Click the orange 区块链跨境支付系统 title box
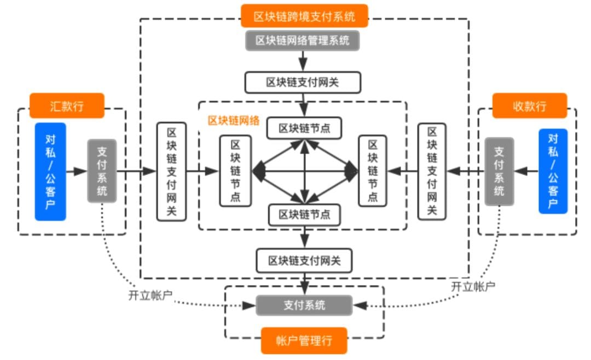[x=304, y=16]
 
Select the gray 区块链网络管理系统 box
[x=303, y=40]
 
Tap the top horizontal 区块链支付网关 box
[x=303, y=83]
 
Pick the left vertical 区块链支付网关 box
[x=171, y=171]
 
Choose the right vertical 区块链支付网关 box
[x=432, y=171]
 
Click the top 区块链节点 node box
[x=304, y=128]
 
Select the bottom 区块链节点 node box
[x=304, y=214]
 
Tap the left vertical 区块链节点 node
[x=235, y=171]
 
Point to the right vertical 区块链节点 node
[x=373, y=171]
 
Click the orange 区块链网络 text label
[x=234, y=120]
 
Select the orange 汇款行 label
[x=67, y=106]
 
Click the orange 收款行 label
[x=529, y=106]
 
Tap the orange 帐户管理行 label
[x=304, y=341]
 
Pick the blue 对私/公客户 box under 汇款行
[x=50, y=172]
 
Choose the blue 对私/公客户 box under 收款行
[x=553, y=171]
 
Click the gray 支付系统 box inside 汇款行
[x=102, y=171]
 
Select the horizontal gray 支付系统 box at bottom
[x=304, y=305]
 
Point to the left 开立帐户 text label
[x=150, y=295]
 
